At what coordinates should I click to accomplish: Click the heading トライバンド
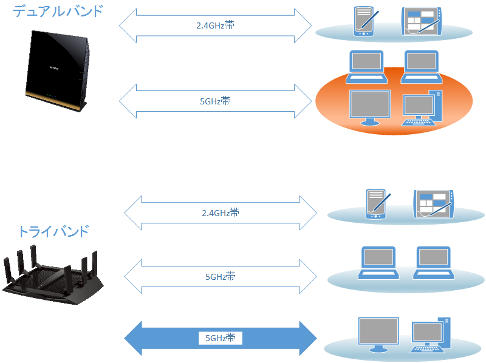[53, 231]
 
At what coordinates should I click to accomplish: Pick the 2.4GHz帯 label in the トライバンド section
[221, 213]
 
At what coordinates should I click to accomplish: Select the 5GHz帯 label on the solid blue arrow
[221, 338]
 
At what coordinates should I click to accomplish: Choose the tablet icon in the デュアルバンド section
[420, 22]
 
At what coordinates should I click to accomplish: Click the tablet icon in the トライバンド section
[433, 203]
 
